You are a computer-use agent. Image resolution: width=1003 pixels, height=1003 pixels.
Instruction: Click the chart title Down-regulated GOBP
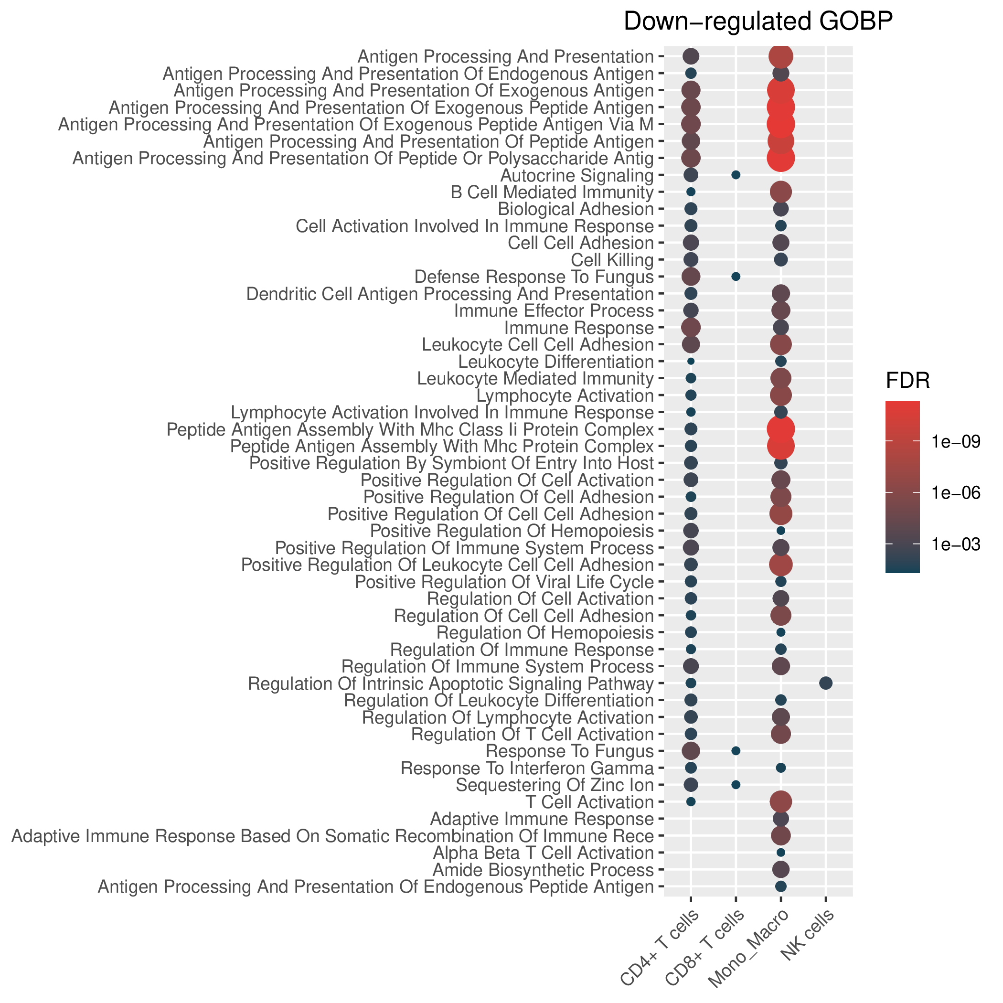758,22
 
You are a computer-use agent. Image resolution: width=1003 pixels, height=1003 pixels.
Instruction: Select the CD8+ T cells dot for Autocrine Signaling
736,174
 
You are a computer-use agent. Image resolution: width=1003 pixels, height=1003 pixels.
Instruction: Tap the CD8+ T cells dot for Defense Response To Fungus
736,276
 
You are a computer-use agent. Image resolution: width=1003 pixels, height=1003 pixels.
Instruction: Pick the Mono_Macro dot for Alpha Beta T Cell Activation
781,853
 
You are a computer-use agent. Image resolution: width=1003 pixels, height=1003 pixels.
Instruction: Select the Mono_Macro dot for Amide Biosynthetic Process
781,869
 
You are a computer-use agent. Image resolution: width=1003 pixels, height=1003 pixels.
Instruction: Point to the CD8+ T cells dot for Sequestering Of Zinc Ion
736,784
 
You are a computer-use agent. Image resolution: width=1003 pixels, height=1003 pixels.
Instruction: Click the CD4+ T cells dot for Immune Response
691,327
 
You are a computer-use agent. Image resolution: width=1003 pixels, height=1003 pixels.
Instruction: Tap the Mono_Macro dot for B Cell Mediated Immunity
781,192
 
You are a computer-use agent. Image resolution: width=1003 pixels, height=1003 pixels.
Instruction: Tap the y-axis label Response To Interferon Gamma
527,768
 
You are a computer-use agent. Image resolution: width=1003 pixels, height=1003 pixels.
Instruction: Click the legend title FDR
907,382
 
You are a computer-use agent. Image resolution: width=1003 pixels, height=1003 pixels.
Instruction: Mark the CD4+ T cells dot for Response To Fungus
691,751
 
